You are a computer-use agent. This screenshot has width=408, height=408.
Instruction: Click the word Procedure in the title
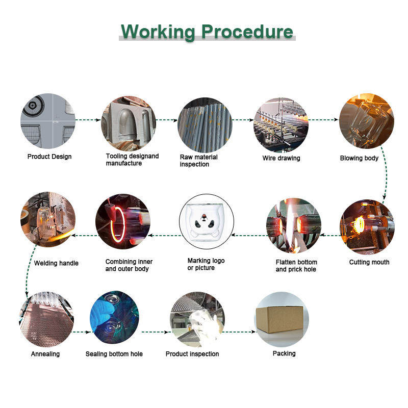[247, 32]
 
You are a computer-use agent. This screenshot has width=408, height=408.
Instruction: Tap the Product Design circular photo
[48, 120]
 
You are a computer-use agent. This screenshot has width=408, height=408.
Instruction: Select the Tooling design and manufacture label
[132, 160]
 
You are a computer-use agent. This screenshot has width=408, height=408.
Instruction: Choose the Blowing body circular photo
[366, 121]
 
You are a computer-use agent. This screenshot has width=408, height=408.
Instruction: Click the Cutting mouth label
[369, 262]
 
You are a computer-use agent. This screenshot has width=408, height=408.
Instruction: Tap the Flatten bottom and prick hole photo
[294, 225]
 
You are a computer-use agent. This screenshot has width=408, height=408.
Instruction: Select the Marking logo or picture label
[206, 264]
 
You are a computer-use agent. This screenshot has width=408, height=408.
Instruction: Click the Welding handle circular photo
[48, 219]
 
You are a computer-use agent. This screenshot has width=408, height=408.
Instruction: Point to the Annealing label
[45, 354]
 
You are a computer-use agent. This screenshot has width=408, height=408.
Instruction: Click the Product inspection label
[192, 354]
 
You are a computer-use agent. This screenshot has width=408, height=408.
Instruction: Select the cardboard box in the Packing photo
[281, 318]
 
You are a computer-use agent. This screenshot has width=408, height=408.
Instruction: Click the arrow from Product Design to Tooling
[88, 120]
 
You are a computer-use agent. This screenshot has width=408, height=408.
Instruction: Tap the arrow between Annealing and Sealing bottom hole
[82, 332]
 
